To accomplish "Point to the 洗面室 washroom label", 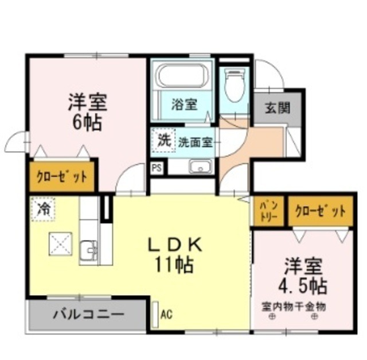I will [x=195, y=141].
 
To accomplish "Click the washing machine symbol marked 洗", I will [x=164, y=140].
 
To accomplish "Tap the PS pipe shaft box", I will [x=156, y=168].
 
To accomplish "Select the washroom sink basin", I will [x=201, y=168].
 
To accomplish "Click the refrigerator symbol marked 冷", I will [x=42, y=208].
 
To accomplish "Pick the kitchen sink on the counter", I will [x=89, y=250].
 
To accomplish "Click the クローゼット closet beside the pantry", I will [x=320, y=211].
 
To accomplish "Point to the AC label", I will [x=166, y=314].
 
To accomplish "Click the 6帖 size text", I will [x=88, y=123].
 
